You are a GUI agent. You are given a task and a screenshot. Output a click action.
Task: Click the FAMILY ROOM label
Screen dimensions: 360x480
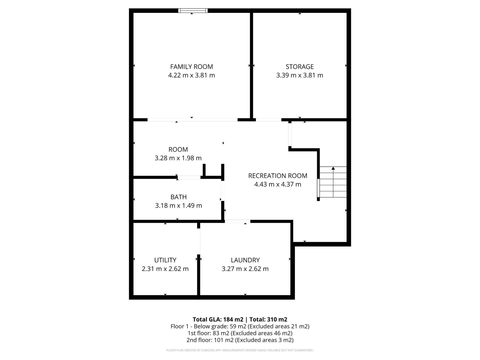pyautogui.click(x=191, y=67)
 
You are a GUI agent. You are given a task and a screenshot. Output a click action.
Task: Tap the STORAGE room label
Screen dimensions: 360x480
pyautogui.click(x=299, y=67)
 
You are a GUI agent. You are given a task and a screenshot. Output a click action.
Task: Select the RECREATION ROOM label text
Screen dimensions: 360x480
pyautogui.click(x=277, y=176)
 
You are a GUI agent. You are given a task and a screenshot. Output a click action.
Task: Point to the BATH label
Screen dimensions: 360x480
pyautogui.click(x=178, y=197)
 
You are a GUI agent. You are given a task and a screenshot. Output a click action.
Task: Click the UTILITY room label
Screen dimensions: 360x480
pyautogui.click(x=165, y=260)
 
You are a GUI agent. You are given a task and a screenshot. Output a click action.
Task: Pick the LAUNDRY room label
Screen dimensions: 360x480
pyautogui.click(x=245, y=260)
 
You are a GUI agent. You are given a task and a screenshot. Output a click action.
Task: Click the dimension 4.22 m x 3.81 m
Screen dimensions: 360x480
pyautogui.click(x=191, y=75)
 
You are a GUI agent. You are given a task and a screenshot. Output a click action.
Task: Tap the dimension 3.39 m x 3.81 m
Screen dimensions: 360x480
pyautogui.click(x=299, y=75)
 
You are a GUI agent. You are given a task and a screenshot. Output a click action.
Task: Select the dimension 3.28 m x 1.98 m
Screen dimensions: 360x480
pyautogui.click(x=178, y=158)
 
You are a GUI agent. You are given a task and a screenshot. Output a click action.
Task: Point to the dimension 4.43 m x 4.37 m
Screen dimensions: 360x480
pyautogui.click(x=277, y=184)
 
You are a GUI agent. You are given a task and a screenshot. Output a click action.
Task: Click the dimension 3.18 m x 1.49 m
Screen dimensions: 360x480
pyautogui.click(x=178, y=206)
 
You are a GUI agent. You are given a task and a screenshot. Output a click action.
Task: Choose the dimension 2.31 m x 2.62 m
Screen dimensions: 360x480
pyautogui.click(x=165, y=269)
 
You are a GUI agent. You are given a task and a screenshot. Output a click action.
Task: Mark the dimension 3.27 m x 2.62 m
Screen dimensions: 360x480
pyautogui.click(x=245, y=269)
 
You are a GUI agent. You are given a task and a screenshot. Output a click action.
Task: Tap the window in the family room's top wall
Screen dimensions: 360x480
pyautogui.click(x=193, y=11)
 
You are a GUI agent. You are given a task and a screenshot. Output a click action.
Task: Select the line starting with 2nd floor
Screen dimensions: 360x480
pyautogui.click(x=240, y=340)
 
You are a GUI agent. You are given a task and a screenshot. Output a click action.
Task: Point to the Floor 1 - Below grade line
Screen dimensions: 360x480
pyautogui.click(x=240, y=326)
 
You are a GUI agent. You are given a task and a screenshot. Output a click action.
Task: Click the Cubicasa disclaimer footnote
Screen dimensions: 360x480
pyautogui.click(x=240, y=350)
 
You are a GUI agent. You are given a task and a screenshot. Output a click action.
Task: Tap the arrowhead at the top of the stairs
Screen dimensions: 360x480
pyautogui.click(x=333, y=169)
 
